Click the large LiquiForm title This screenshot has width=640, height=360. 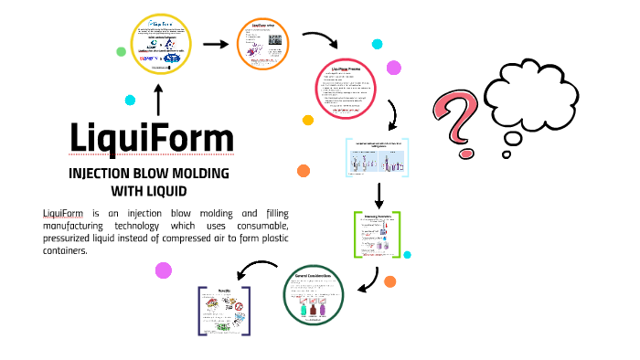[152, 138]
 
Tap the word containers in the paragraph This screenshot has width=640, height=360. [64, 250]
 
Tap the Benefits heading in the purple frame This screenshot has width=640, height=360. [224, 290]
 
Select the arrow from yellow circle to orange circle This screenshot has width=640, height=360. [214, 43]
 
